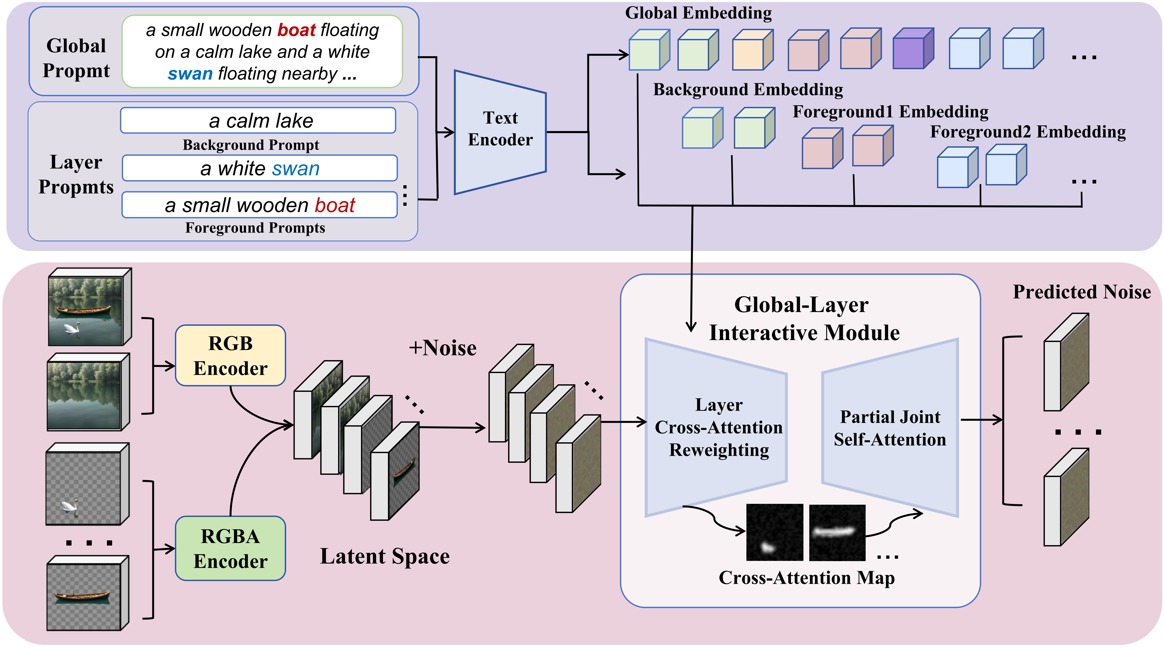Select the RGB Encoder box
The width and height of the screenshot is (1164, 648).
pyautogui.click(x=231, y=355)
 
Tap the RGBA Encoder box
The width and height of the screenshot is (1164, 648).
pyautogui.click(x=231, y=548)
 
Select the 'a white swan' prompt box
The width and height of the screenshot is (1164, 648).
pyautogui.click(x=260, y=168)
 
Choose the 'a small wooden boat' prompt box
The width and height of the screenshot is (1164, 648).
pyautogui.click(x=260, y=205)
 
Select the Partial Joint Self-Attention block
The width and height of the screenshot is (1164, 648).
pyautogui.click(x=889, y=428)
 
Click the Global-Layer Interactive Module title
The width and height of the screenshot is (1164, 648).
pyautogui.click(x=803, y=319)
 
